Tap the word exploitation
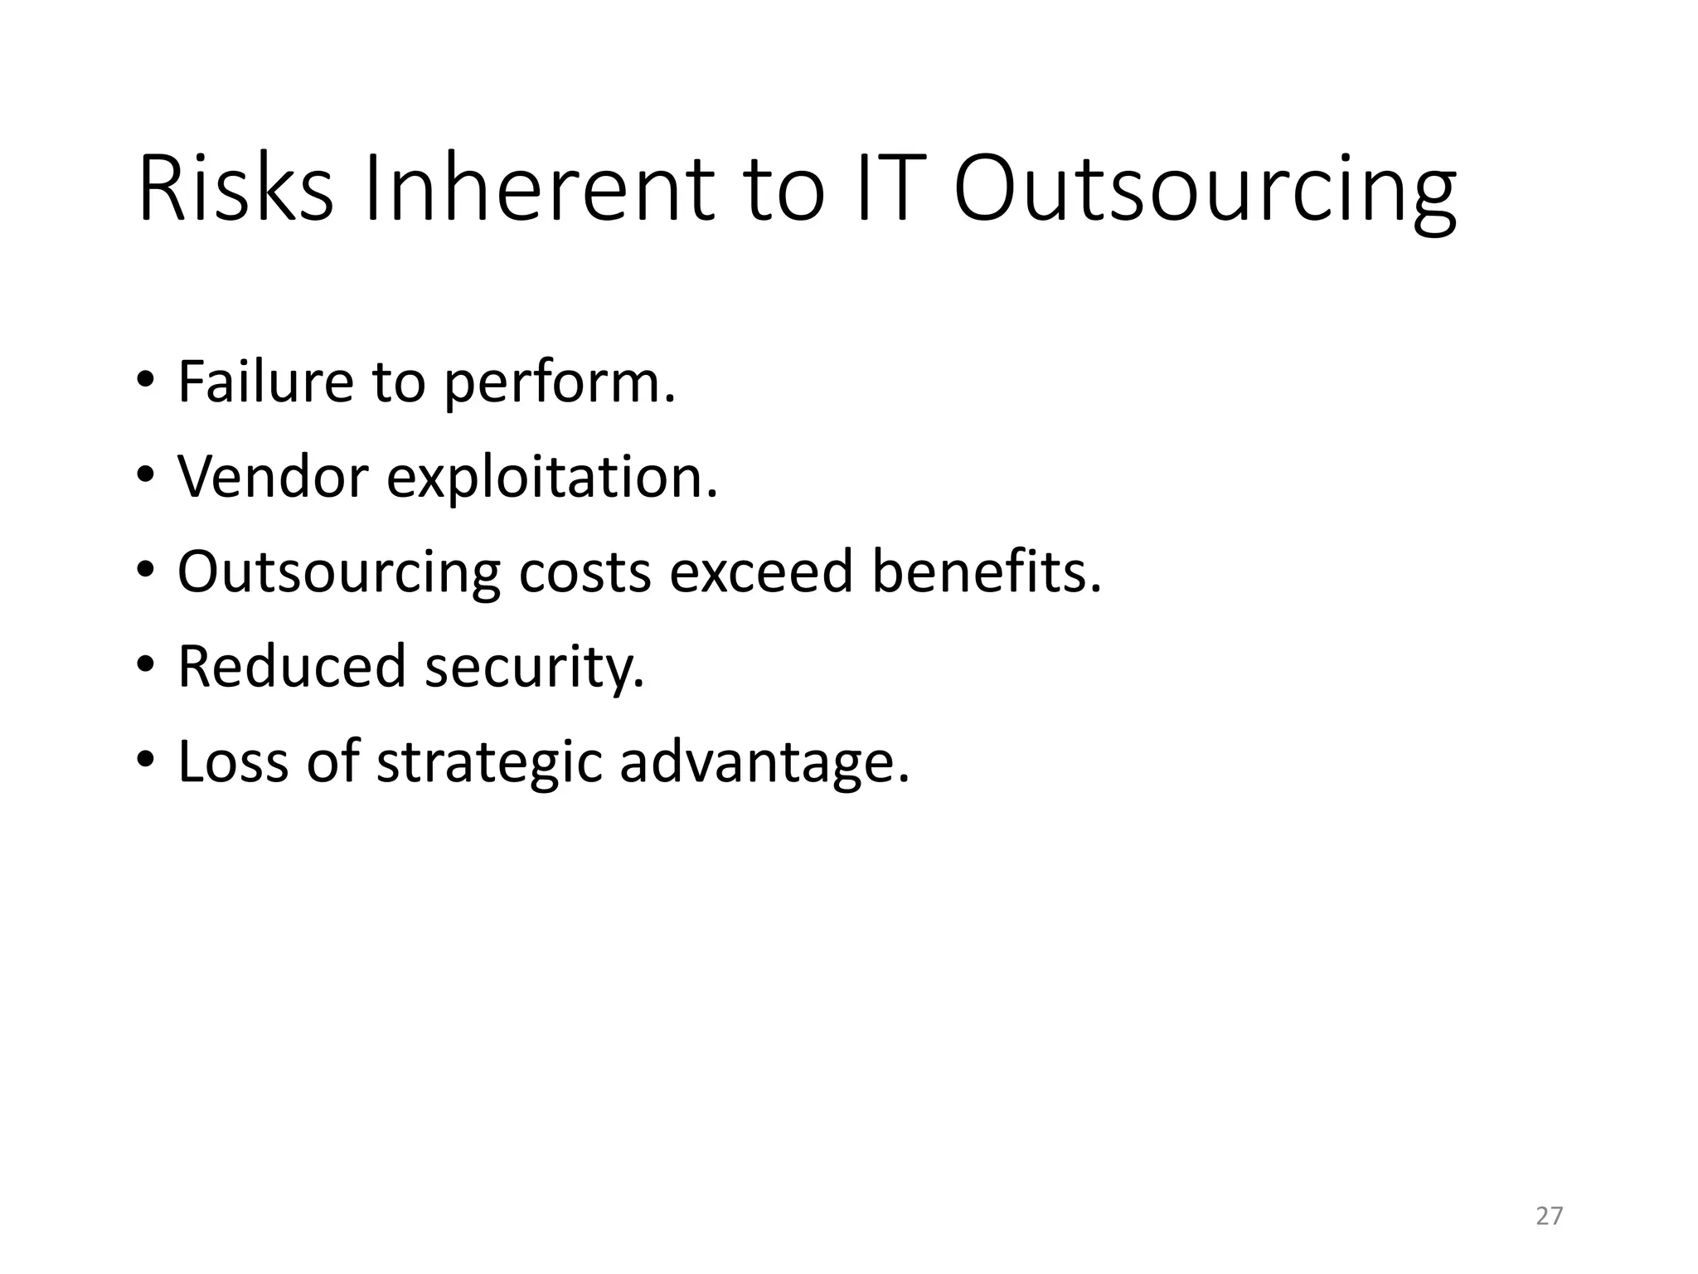click(552, 479)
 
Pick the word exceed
click(760, 572)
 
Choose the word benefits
click(987, 572)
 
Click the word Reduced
click(292, 666)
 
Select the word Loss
click(233, 761)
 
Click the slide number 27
click(1549, 1216)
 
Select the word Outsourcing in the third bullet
click(338, 574)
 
